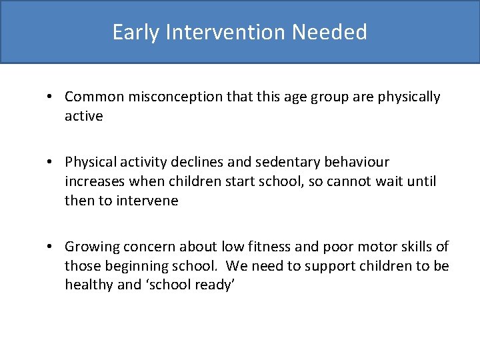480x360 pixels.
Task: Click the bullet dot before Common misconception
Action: tap(51, 97)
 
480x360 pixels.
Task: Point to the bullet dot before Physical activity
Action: tap(51, 162)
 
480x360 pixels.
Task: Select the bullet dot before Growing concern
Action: tap(51, 247)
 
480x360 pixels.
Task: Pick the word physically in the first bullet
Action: tap(409, 97)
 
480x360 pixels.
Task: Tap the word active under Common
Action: tap(84, 116)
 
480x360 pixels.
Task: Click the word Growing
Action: tap(90, 247)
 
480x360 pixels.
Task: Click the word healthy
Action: tap(89, 285)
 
